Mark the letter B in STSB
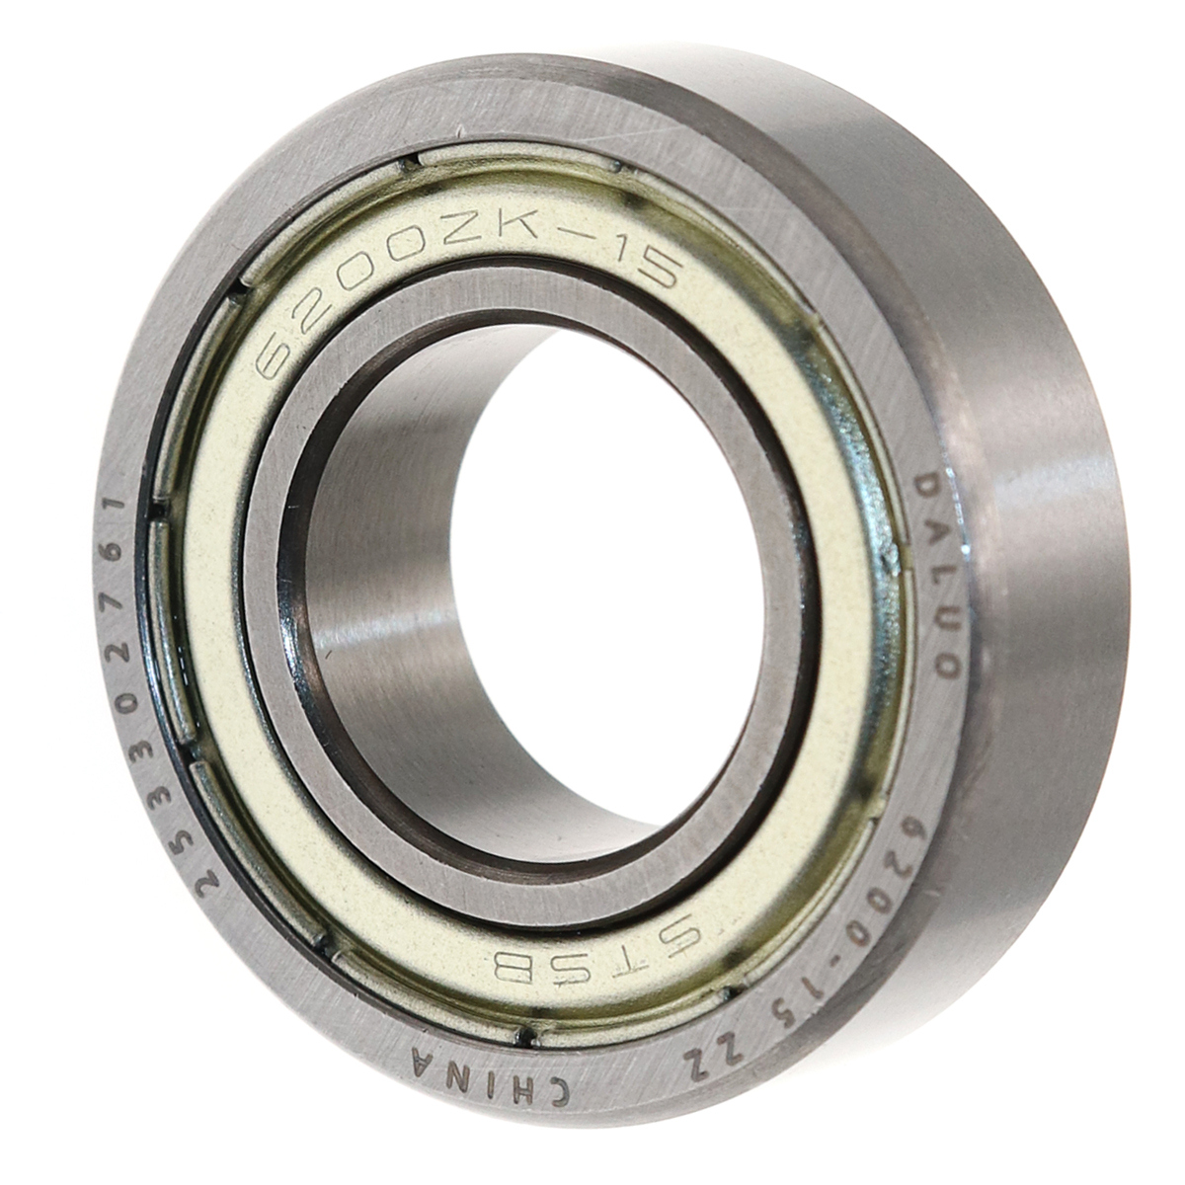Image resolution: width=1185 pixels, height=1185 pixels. [x=501, y=954]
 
